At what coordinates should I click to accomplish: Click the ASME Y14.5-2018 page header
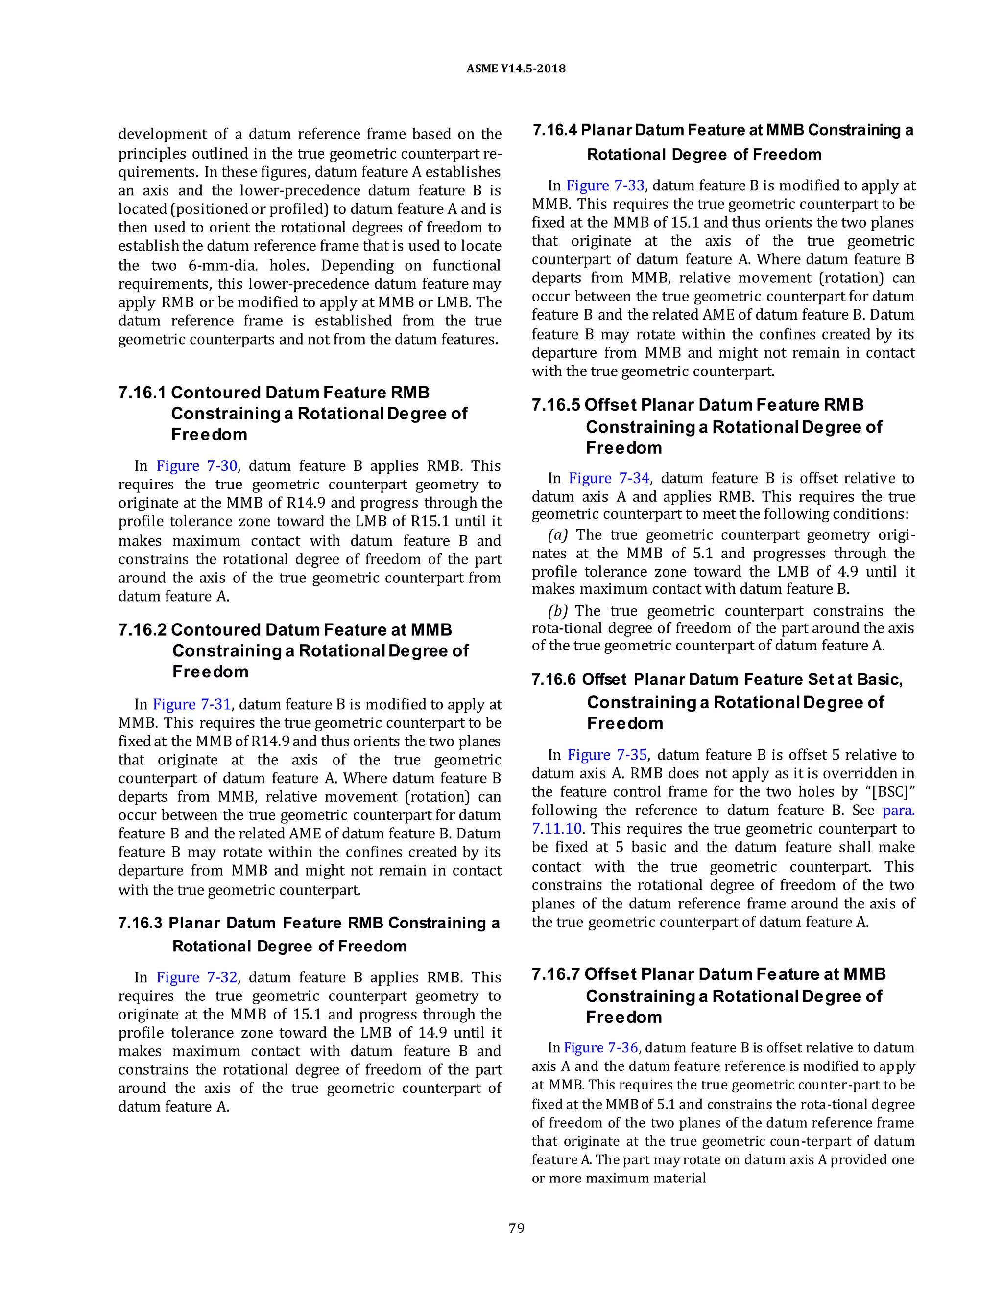[515, 69]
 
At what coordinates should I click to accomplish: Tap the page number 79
[516, 1228]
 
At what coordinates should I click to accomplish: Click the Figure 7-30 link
[197, 466]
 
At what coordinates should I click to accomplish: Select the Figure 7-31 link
[191, 704]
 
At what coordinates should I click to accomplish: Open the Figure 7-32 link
[197, 977]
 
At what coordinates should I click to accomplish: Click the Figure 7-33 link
[605, 186]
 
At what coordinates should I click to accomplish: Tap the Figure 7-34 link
[609, 479]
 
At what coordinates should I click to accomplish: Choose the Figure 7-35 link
[607, 755]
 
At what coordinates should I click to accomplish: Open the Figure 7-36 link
[601, 1048]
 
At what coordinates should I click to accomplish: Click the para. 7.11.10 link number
[557, 829]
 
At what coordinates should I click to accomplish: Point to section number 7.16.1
[143, 393]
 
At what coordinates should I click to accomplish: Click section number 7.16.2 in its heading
[143, 630]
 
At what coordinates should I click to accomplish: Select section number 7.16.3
[142, 923]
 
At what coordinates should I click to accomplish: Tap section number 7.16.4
[554, 131]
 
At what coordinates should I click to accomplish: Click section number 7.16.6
[554, 680]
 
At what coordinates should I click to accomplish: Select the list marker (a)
[558, 535]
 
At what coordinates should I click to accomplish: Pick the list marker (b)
[558, 611]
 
